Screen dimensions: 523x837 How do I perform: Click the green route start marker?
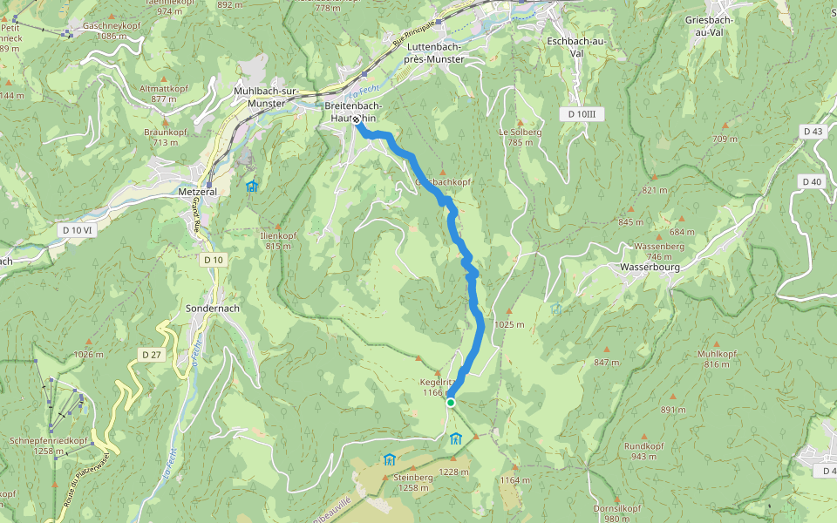pos(450,402)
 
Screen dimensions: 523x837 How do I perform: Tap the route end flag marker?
pos(357,122)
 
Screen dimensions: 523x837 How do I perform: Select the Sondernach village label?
pos(213,309)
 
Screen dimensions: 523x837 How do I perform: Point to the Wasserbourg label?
pos(649,267)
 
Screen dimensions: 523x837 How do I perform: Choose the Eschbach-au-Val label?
pos(575,46)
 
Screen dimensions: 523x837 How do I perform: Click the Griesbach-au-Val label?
pos(710,26)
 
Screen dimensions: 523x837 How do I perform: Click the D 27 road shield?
pos(152,354)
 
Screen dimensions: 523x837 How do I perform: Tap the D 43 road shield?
pos(812,131)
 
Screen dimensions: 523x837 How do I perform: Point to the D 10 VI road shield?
pos(78,229)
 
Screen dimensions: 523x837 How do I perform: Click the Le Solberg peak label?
pos(521,137)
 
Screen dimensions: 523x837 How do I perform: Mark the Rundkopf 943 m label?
pos(645,451)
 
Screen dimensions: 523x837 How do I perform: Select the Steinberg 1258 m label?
pos(413,482)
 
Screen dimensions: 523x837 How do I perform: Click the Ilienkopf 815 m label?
pos(278,241)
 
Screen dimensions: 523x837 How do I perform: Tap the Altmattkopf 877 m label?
pos(164,93)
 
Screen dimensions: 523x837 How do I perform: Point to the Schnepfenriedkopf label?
pos(48,445)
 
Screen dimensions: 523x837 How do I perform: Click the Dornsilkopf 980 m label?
pos(617,513)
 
